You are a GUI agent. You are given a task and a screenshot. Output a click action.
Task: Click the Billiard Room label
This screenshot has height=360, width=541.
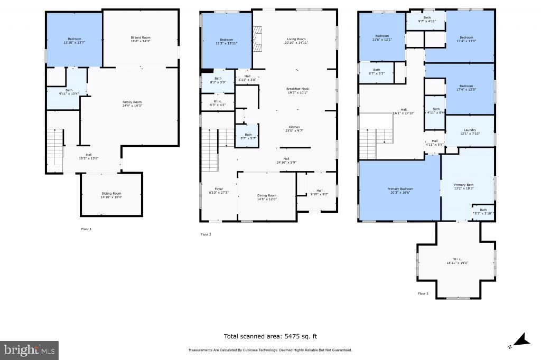pos(141,40)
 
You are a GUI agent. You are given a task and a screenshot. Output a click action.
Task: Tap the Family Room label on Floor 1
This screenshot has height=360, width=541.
pos(132,103)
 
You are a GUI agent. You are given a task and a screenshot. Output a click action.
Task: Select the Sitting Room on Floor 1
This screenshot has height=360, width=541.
pos(111,195)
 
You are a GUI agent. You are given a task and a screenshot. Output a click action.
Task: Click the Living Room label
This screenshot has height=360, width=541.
pos(296,41)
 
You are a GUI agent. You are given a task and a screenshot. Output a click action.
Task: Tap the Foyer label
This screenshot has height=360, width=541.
pos(218,191)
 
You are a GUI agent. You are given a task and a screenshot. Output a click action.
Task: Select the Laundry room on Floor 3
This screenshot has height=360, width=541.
pos(470,131)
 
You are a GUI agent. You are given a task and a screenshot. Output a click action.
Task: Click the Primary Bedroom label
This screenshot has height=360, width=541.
pos(400,191)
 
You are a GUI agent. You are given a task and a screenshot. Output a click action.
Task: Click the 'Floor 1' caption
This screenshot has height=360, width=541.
pos(86,229)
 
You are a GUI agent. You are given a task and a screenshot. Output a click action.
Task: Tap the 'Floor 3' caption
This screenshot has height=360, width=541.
pos(423,293)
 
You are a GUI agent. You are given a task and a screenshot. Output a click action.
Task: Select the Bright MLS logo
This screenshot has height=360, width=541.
pos(30,350)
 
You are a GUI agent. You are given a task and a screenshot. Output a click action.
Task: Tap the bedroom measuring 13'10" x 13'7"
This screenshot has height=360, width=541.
pos(74,40)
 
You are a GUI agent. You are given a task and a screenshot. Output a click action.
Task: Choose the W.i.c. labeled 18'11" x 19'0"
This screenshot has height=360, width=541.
pos(456,261)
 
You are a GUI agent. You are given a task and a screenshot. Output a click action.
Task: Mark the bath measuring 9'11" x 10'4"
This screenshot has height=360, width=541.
pos(69,92)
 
